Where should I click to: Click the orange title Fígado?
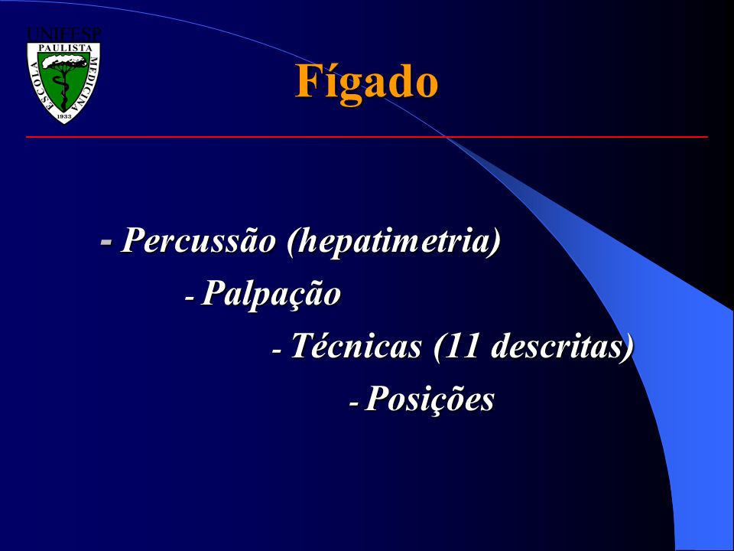366,83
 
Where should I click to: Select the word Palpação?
271,295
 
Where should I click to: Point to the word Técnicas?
356,345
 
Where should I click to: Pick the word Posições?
429,399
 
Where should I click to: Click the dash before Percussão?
107,242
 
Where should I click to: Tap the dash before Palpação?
190,298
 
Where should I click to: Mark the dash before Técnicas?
277,350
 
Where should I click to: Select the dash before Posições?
355,403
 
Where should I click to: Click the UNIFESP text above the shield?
64,34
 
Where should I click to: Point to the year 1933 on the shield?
64,116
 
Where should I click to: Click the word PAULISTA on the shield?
64,47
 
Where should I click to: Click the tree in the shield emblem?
64,80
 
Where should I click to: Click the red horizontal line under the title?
367,137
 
